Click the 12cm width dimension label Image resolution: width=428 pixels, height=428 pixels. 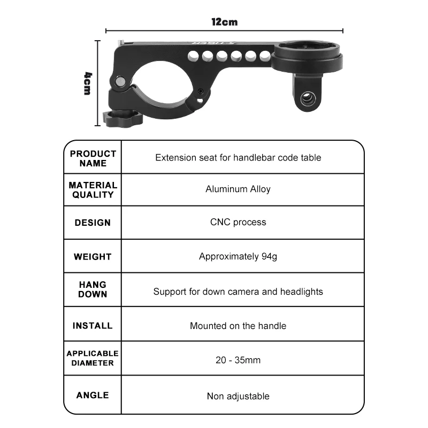pyautogui.click(x=224, y=22)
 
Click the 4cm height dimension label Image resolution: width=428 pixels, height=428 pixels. pyautogui.click(x=87, y=83)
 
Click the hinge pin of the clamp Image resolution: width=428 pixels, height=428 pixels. pyautogui.click(x=120, y=81)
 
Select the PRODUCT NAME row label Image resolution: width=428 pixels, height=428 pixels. pyautogui.click(x=93, y=158)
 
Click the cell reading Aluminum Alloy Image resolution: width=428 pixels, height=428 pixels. pyautogui.click(x=238, y=189)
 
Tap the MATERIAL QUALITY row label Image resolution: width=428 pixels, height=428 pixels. pyautogui.click(x=93, y=190)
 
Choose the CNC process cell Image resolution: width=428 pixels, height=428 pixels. pyautogui.click(x=238, y=222)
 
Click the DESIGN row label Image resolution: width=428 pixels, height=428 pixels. pyautogui.click(x=93, y=223)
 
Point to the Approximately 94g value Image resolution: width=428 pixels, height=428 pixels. pyautogui.click(x=238, y=256)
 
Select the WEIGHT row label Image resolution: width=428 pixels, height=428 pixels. pyautogui.click(x=93, y=257)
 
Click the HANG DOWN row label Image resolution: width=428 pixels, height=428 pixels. pyautogui.click(x=93, y=289)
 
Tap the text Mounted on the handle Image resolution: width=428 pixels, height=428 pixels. pyautogui.click(x=238, y=326)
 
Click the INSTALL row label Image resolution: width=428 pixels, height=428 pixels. pyautogui.click(x=93, y=326)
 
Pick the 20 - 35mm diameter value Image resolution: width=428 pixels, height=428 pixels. pyautogui.click(x=238, y=360)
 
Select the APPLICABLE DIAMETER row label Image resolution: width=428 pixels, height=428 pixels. pyautogui.click(x=93, y=358)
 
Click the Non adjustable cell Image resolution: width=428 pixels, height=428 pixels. pyautogui.click(x=238, y=396)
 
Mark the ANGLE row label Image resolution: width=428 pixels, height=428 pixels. pyautogui.click(x=93, y=395)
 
